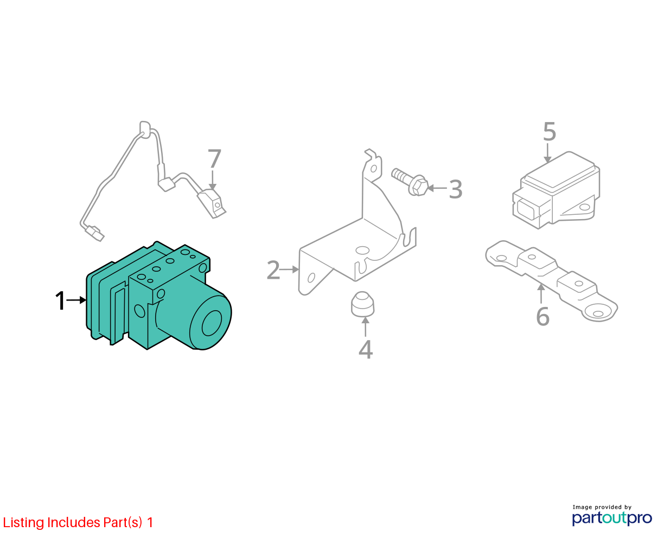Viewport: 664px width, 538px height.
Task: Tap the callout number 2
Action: pyautogui.click(x=273, y=270)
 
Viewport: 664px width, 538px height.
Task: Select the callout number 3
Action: pyautogui.click(x=456, y=189)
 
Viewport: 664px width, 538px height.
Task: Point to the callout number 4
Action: pyautogui.click(x=366, y=349)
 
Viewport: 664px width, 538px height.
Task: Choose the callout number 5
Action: pyautogui.click(x=550, y=132)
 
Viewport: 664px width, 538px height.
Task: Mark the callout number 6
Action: pyautogui.click(x=542, y=317)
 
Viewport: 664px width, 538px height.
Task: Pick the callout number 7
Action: pyautogui.click(x=214, y=159)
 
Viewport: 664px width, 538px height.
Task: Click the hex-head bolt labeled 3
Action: pyautogui.click(x=410, y=182)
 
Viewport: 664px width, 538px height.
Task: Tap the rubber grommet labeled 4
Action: pyautogui.click(x=362, y=304)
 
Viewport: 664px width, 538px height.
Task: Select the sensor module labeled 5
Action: pyautogui.click(x=556, y=190)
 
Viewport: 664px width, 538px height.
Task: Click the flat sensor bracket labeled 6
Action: pyautogui.click(x=552, y=280)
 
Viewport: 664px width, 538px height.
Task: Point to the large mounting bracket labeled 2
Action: pyautogui.click(x=357, y=240)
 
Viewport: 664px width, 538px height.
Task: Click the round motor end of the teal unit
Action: pyautogui.click(x=210, y=323)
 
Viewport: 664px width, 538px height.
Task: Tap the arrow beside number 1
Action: pyautogui.click(x=76, y=300)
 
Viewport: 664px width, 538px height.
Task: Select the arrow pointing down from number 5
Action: pyautogui.click(x=547, y=153)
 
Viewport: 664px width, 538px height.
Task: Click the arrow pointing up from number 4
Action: pyautogui.click(x=365, y=326)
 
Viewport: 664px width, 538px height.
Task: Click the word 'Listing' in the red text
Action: pyautogui.click(x=24, y=523)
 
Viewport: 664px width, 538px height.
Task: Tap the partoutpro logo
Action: pyautogui.click(x=612, y=518)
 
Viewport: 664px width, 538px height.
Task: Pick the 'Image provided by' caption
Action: pyautogui.click(x=602, y=507)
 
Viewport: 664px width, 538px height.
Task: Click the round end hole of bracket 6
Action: pyautogui.click(x=598, y=313)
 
